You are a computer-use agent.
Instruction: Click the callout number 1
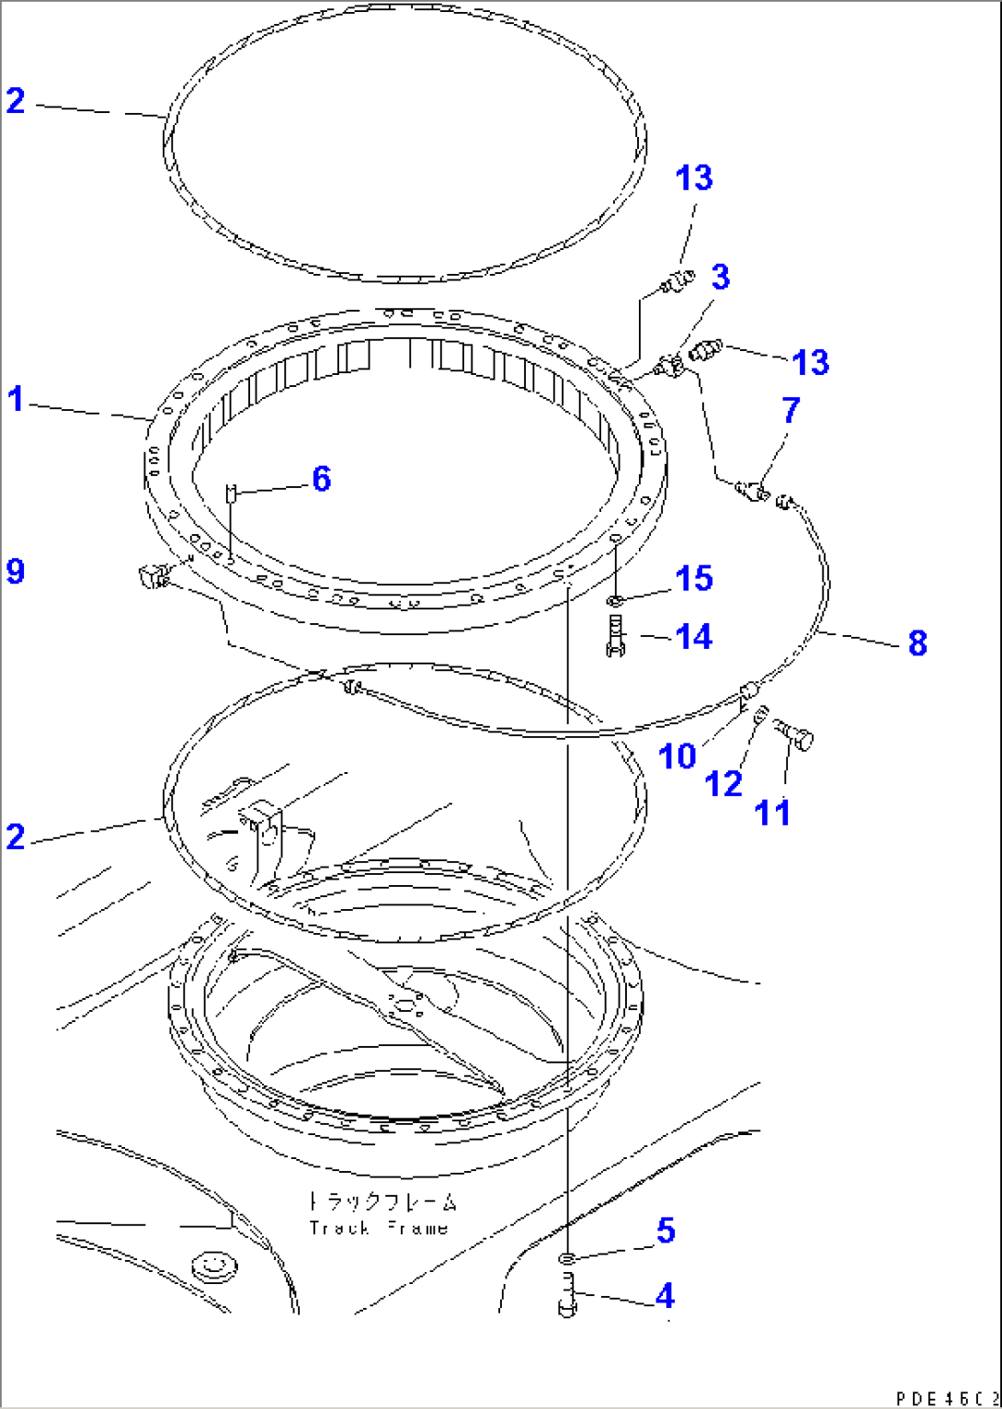16,400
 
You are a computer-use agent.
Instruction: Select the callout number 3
721,277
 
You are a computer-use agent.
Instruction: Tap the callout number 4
664,1296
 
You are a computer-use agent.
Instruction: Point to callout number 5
665,1230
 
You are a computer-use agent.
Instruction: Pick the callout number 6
321,479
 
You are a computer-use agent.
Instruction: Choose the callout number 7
790,411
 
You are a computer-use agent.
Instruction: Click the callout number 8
917,642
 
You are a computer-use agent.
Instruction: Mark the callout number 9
16,571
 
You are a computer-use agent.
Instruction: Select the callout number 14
694,636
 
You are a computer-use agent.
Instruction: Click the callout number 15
694,578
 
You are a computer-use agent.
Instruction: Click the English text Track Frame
379,1228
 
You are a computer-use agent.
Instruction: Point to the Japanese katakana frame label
381,1201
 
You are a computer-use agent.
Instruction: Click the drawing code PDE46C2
946,1398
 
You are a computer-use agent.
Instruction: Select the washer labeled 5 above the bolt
568,1257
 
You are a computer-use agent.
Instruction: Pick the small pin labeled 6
231,494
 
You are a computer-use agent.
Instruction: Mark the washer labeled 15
615,601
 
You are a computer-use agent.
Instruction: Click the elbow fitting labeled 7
756,492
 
